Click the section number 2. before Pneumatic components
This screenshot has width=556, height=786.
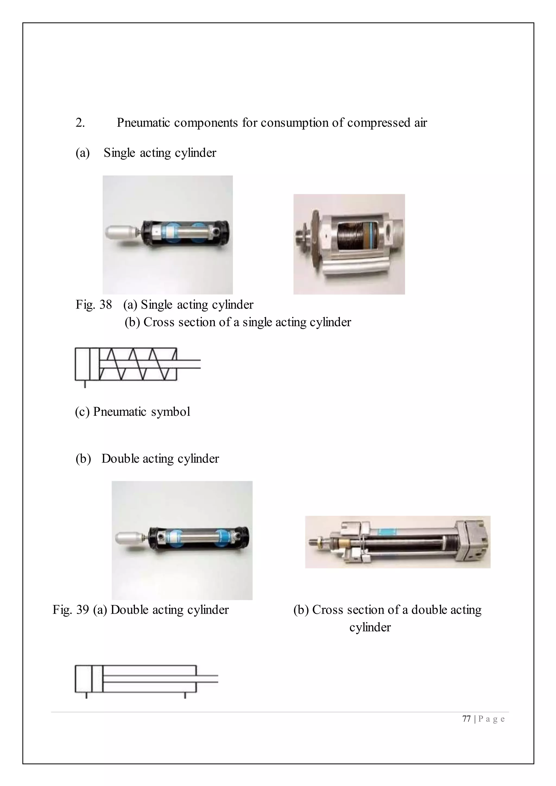tap(80, 123)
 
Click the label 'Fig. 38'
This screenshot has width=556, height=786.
tap(93, 304)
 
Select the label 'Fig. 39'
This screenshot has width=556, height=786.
tap(71, 609)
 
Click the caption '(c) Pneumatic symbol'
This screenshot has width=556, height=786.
tap(132, 411)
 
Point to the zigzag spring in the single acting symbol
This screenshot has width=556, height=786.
tap(137, 364)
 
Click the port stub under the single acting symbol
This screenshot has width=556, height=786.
tap(85, 384)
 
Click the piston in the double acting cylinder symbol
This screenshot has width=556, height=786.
tap(97, 679)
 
